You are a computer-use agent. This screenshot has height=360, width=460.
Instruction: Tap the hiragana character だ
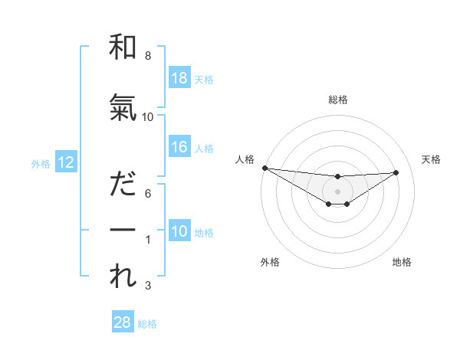pyautogui.click(x=123, y=184)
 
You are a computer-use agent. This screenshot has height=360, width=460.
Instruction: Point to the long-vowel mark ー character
pyautogui.click(x=123, y=230)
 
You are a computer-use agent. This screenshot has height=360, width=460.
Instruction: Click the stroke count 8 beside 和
pyautogui.click(x=147, y=57)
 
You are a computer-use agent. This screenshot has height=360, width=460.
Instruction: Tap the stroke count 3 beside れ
pyautogui.click(x=147, y=286)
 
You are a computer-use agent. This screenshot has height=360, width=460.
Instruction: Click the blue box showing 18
pyautogui.click(x=179, y=78)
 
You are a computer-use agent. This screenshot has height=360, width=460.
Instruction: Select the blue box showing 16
pyautogui.click(x=179, y=147)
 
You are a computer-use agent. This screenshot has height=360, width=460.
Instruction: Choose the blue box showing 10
pyautogui.click(x=179, y=232)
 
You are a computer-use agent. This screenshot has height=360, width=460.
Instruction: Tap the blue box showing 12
pyautogui.click(x=65, y=162)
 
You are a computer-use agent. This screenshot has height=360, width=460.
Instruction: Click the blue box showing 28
pyautogui.click(x=122, y=322)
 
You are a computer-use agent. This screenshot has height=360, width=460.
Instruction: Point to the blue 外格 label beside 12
pyautogui.click(x=41, y=163)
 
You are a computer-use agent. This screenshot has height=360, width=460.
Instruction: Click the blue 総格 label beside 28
pyautogui.click(x=147, y=324)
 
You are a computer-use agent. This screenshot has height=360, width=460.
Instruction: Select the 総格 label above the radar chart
pyautogui.click(x=337, y=100)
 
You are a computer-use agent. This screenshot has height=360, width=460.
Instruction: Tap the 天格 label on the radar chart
pyautogui.click(x=432, y=159)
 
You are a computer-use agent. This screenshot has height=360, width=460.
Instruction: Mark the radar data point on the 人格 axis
pyautogui.click(x=264, y=168)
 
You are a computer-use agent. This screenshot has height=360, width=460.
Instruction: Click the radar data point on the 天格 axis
pyautogui.click(x=396, y=172)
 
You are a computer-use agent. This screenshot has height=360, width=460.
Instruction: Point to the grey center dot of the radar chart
pyautogui.click(x=337, y=191)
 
